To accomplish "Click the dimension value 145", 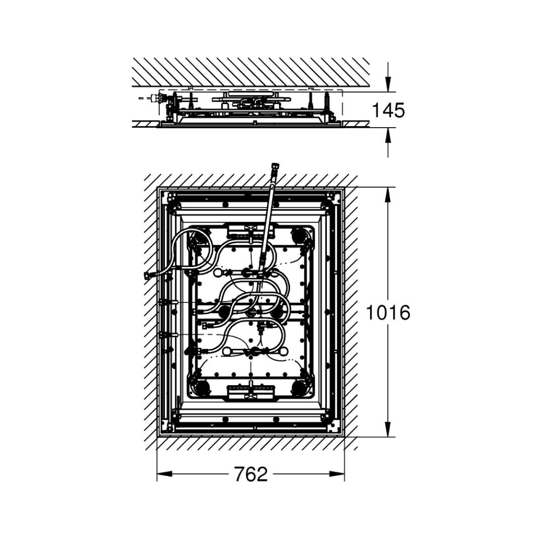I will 388,110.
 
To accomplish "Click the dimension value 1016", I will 388,313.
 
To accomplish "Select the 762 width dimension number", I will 250,474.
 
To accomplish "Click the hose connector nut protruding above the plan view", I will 275,168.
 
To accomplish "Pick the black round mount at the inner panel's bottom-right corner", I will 300,387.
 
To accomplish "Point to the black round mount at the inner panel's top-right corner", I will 300,234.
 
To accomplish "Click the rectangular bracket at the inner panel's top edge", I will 250,231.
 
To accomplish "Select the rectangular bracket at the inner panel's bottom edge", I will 250,391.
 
